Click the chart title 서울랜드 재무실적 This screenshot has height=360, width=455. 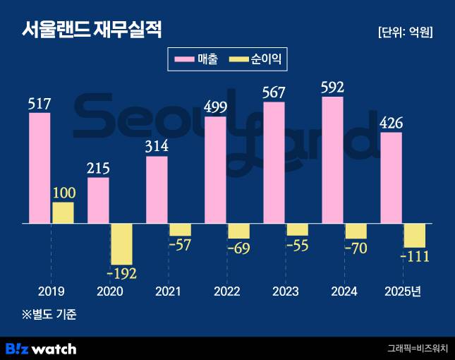[x=91, y=30]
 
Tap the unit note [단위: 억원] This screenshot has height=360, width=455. [x=405, y=32]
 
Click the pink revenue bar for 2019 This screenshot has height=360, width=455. [x=40, y=168]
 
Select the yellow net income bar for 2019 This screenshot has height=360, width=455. [x=63, y=212]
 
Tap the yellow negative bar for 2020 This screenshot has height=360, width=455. [x=121, y=244]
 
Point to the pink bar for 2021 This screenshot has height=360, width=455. [x=157, y=189]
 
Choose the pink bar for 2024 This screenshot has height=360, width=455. [x=332, y=160]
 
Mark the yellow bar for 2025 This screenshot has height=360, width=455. [x=414, y=235]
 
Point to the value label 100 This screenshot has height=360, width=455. [x=63, y=193]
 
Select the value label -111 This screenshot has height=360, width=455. [x=414, y=256]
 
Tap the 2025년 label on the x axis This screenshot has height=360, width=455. [x=402, y=292]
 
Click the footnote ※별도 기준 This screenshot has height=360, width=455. [x=48, y=315]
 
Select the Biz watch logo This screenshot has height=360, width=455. [x=41, y=349]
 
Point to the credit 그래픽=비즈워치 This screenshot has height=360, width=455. [x=417, y=349]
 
